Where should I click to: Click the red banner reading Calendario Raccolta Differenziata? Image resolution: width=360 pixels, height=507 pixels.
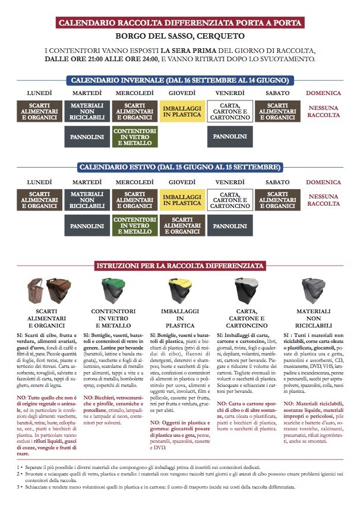click(180, 23)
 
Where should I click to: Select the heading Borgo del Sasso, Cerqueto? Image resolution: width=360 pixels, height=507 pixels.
click(180, 36)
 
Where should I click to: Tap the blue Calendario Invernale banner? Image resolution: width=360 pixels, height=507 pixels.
click(179, 80)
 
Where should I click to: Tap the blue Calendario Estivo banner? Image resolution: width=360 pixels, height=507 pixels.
click(179, 167)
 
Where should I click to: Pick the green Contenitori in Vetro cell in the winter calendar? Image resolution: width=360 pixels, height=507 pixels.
click(134, 136)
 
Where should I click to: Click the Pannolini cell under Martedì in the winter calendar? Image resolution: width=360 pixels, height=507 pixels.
click(87, 137)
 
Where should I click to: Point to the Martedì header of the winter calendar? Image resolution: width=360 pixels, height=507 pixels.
click(87, 93)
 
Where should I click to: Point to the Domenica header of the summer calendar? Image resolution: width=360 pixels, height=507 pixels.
click(324, 181)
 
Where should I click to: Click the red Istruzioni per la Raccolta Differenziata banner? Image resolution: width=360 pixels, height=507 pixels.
click(180, 266)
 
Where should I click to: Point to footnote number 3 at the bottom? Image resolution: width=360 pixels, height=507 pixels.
click(19, 487)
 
